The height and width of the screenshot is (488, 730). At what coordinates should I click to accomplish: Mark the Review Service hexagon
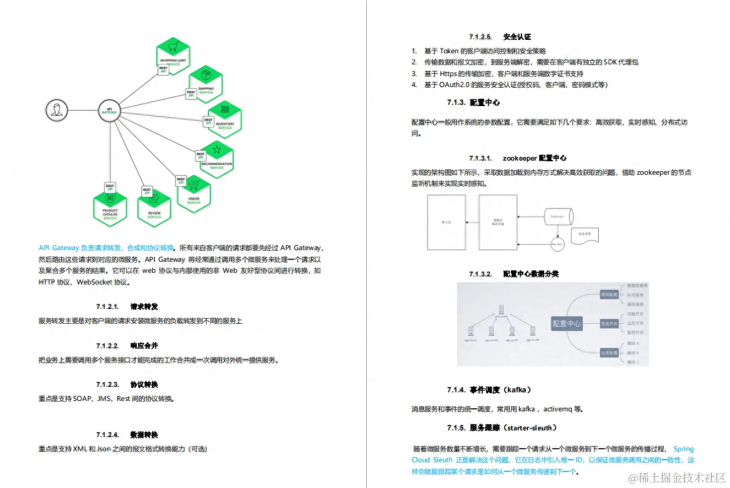tap(154, 205)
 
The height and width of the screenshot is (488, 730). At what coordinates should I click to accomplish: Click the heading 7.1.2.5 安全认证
tap(500, 37)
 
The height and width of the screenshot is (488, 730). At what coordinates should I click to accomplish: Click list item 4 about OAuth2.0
tap(515, 84)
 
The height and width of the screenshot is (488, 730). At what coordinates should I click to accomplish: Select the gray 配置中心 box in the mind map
tap(567, 324)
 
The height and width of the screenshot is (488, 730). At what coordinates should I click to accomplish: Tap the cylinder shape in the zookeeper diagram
tap(558, 216)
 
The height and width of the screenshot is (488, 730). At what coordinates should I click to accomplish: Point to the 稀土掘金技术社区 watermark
tap(675, 476)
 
